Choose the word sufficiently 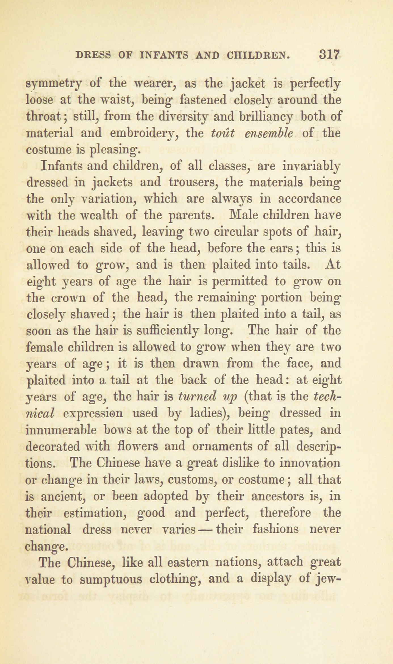click(x=183, y=331)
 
